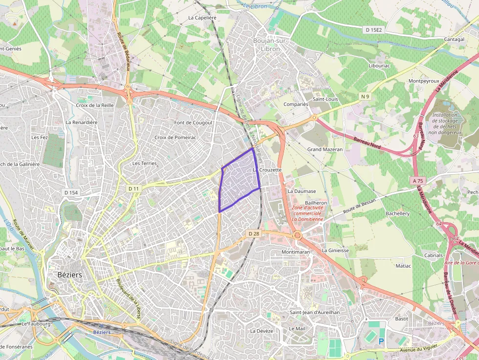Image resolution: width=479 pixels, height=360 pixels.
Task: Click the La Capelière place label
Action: click(202, 17)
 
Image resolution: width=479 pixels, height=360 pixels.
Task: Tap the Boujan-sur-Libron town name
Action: click(270, 45)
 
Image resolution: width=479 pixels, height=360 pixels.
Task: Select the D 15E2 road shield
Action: click(373, 30)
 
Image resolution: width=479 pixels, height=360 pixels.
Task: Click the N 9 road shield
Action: click(365, 96)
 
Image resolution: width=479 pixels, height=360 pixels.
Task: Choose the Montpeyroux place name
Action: click(424, 81)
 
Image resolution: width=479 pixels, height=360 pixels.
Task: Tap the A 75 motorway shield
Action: click(417, 181)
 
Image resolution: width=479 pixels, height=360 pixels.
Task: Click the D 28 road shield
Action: click(253, 234)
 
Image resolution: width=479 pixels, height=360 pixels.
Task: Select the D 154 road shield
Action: click(71, 192)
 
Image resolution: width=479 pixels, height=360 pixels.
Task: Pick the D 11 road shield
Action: click(133, 189)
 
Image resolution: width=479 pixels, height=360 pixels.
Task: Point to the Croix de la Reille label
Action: click(95, 105)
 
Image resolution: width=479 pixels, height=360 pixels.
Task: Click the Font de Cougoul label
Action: click(193, 123)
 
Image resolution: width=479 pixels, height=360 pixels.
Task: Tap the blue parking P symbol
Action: click(381, 341)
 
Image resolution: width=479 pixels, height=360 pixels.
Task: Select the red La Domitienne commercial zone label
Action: click(307, 213)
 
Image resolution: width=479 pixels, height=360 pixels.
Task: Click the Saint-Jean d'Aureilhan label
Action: click(314, 312)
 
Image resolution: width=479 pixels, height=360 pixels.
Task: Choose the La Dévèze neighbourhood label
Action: click(261, 331)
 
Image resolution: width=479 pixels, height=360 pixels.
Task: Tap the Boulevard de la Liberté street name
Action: click(129, 298)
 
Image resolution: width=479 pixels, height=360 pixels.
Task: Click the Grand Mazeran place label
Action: click(325, 149)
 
